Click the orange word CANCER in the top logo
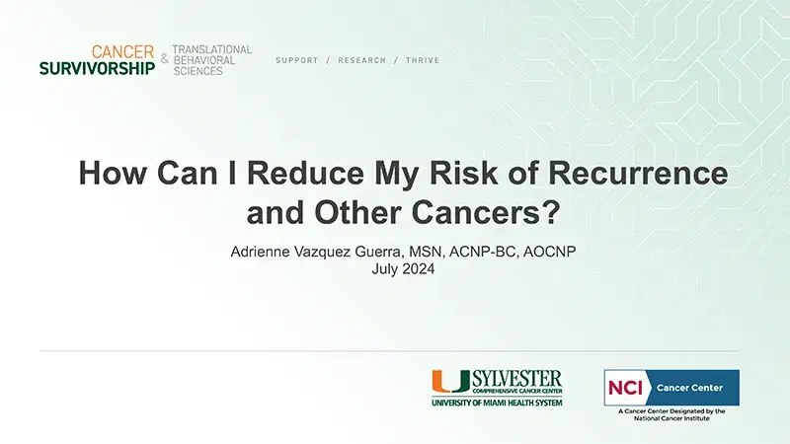click(121, 51)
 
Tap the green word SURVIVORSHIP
click(98, 69)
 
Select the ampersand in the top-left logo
click(164, 60)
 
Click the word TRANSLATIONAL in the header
click(211, 49)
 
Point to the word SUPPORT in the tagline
click(297, 61)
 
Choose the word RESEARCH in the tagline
click(361, 61)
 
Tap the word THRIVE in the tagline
click(423, 61)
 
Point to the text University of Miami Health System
click(496, 404)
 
